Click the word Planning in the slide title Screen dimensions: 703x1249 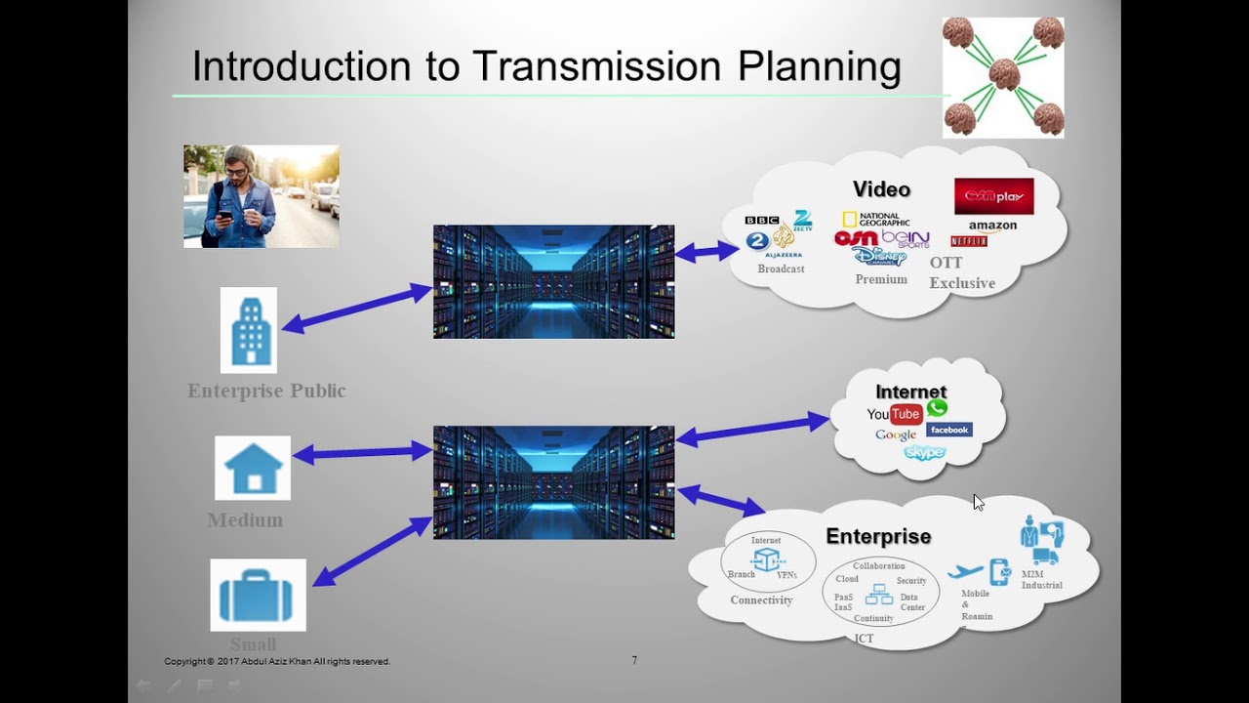pos(819,67)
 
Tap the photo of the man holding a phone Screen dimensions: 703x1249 pos(261,196)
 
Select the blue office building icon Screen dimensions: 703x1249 pos(249,330)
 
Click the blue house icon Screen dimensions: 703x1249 pos(253,468)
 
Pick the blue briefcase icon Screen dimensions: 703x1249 pos(258,595)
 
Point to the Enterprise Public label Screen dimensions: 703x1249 pos(266,391)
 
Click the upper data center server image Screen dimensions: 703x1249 pos(553,282)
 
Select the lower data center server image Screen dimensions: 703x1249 pos(553,482)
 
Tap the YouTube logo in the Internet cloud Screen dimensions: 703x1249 pos(894,414)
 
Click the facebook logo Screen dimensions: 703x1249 pos(948,430)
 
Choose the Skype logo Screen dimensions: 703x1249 pos(924,452)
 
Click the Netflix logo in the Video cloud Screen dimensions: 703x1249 pos(969,241)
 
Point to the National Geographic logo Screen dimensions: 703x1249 pos(875,220)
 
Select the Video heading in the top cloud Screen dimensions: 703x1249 pos(881,189)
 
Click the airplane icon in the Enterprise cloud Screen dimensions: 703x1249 pos(965,572)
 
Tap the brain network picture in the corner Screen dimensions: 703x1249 pos(1003,77)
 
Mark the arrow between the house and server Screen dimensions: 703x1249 pos(362,452)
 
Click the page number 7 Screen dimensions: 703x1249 pos(634,661)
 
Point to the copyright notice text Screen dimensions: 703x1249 pos(277,661)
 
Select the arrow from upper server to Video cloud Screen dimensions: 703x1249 pos(706,252)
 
